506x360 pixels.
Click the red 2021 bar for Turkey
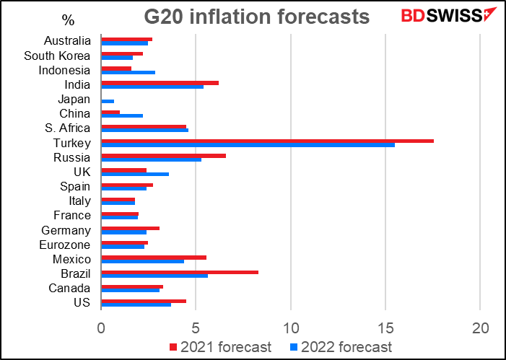pyautogui.click(x=267, y=141)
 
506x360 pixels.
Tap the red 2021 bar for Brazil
pyautogui.click(x=180, y=271)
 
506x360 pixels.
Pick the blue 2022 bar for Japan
pyautogui.click(x=108, y=101)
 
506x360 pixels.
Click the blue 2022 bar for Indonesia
pyautogui.click(x=128, y=72)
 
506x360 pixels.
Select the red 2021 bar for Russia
pyautogui.click(x=163, y=155)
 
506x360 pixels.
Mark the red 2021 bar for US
pyautogui.click(x=144, y=301)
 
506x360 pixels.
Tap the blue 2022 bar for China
pyautogui.click(x=122, y=115)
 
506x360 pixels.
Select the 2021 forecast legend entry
pyautogui.click(x=220, y=347)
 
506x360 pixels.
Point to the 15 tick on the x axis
pyautogui.click(x=385, y=327)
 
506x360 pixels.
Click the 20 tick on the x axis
pyautogui.click(x=480, y=327)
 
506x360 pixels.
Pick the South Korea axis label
pyautogui.click(x=57, y=56)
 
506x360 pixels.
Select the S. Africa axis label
pyautogui.click(x=68, y=128)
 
